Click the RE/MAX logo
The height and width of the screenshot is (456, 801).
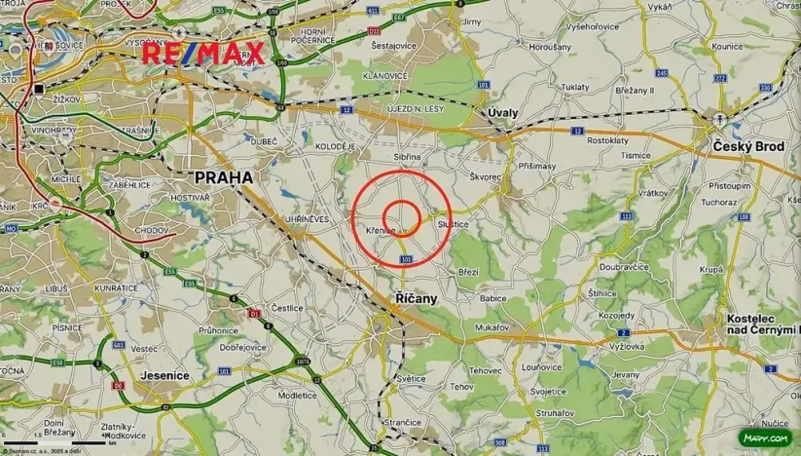203,53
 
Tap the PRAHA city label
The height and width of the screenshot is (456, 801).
224,177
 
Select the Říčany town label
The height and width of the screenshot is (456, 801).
417,297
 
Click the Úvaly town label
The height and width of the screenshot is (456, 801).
503,113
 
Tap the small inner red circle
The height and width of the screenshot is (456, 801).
401,216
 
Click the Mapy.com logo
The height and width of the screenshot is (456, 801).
765,438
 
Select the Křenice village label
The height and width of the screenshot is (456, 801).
381,230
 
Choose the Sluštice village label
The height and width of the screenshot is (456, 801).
466,224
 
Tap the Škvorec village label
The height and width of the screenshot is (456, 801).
484,177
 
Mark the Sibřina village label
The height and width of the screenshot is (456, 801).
407,156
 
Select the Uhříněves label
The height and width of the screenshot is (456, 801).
304,219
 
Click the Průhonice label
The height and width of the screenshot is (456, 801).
217,330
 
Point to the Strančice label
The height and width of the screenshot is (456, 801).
402,422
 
